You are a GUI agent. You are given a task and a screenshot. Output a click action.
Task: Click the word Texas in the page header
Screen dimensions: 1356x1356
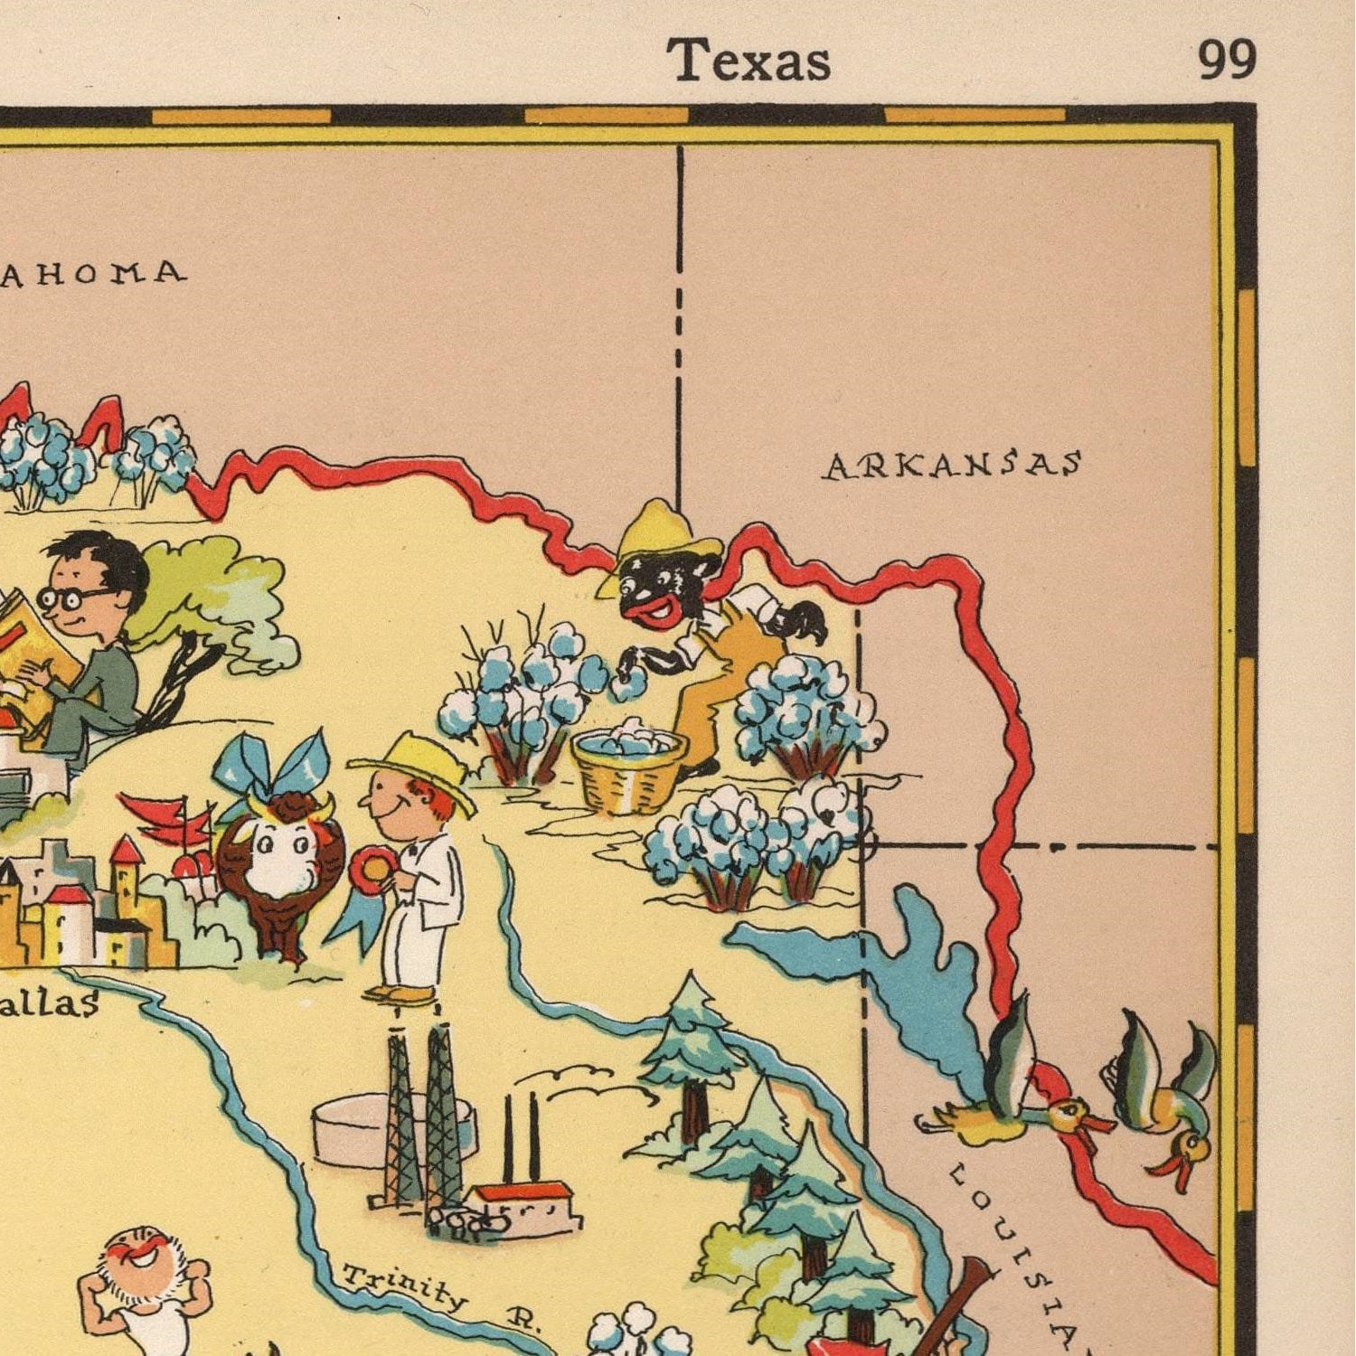(749, 61)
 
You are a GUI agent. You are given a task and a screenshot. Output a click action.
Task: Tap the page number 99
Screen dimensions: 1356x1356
(1227, 61)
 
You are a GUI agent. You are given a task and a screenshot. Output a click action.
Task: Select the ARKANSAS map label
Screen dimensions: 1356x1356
(953, 465)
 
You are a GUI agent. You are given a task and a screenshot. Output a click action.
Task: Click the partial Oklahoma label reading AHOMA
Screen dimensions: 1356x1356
(94, 273)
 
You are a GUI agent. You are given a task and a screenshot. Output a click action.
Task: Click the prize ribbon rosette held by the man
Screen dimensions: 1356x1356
(372, 870)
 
